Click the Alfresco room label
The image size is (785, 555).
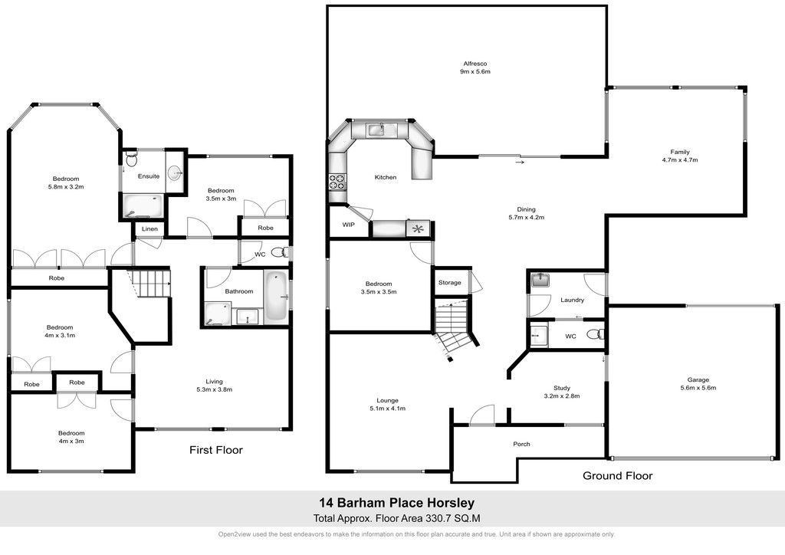pos(475,64)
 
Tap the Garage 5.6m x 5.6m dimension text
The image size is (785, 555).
pos(698,388)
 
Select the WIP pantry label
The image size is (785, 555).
pos(349,225)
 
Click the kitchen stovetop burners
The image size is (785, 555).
pos(337,181)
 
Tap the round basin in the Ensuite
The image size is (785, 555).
pos(175,173)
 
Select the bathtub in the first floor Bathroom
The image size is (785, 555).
pos(275,296)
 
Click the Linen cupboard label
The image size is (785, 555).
pos(149,228)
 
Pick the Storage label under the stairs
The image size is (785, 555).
pos(449,283)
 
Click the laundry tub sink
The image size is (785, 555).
pos(540,280)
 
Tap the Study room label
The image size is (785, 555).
pos(562,388)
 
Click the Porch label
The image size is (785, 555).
pos(521,444)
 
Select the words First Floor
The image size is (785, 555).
pos(215,450)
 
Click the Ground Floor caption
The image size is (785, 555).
pos(617,475)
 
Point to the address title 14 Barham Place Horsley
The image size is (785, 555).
pos(397,502)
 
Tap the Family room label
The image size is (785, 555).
pos(680,152)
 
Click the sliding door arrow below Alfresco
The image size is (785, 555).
pos(521,162)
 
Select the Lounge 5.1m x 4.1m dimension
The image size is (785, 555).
pos(387,409)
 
